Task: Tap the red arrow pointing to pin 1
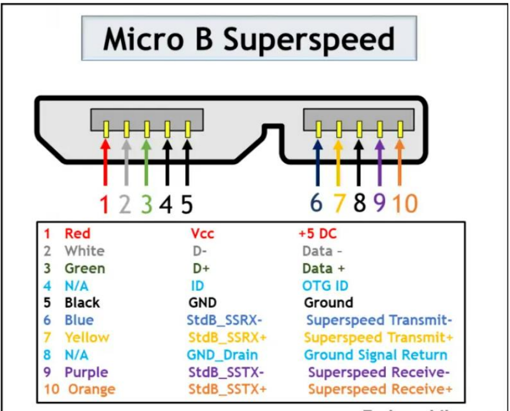pyautogui.click(x=105, y=162)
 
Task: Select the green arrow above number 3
pyautogui.click(x=146, y=162)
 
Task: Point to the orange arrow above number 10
pyautogui.click(x=400, y=162)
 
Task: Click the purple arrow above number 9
pyautogui.click(x=380, y=162)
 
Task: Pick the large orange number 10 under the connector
pyautogui.click(x=405, y=203)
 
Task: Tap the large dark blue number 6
pyautogui.click(x=316, y=203)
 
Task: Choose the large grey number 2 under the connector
pyautogui.click(x=125, y=204)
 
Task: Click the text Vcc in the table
pyautogui.click(x=202, y=233)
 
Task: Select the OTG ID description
pyautogui.click(x=325, y=286)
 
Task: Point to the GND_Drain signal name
pyautogui.click(x=222, y=355)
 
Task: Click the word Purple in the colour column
pyautogui.click(x=86, y=372)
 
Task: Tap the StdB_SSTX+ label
pyautogui.click(x=228, y=389)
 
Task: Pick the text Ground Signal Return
pyautogui.click(x=376, y=355)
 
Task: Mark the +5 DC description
pyautogui.click(x=318, y=233)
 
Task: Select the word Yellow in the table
pyautogui.click(x=87, y=338)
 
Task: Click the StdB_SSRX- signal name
pyautogui.click(x=225, y=320)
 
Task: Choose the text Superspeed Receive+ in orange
pyautogui.click(x=380, y=389)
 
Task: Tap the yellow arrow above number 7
pyautogui.click(x=338, y=162)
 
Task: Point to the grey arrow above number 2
pyautogui.click(x=126, y=162)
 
